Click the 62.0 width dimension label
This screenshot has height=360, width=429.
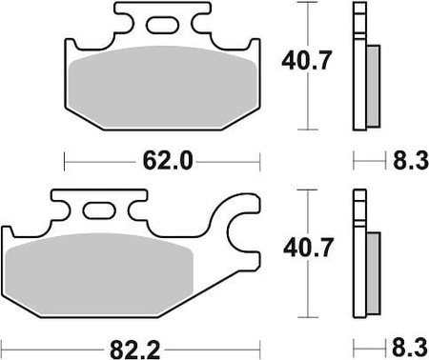pos(168,161)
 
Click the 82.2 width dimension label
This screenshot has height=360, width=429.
pos(135,350)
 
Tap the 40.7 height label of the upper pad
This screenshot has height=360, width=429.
pos(307,60)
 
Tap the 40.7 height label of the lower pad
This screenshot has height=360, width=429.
pos(308,248)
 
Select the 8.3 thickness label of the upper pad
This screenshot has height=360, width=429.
pos(411,161)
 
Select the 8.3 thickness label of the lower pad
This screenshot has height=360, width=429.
pos(410,348)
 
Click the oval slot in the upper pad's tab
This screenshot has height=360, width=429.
pos(162,25)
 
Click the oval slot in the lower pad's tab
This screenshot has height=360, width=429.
pos(99,210)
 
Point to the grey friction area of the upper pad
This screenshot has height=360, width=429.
pos(162,88)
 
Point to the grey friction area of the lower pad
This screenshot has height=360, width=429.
pos(99,274)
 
